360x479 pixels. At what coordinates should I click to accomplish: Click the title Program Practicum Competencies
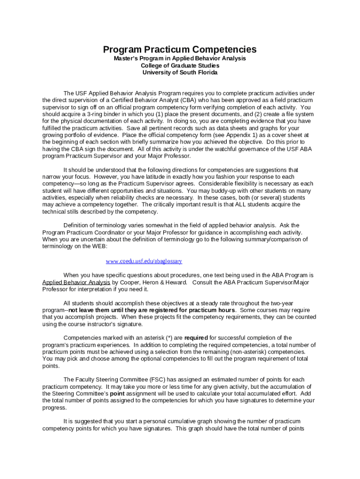[x=180, y=50]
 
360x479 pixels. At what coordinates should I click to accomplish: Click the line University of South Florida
[x=180, y=73]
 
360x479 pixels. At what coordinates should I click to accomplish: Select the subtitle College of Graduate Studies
[x=180, y=65]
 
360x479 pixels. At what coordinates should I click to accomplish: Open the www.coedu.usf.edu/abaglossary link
[x=144, y=261]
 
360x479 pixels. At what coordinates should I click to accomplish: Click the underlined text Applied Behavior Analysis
[x=76, y=282]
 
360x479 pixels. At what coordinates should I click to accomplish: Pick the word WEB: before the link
[x=98, y=246]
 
